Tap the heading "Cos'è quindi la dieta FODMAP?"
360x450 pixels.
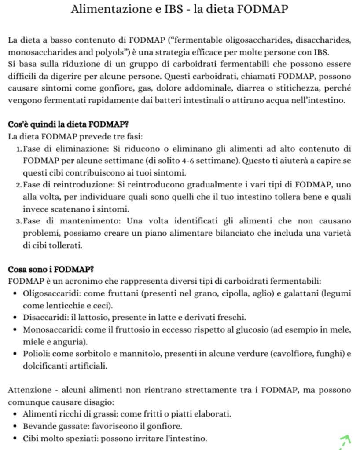pos(65,124)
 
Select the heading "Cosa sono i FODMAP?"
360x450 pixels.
pos(51,269)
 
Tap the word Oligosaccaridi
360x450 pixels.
pos(51,293)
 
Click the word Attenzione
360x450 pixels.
pos(29,390)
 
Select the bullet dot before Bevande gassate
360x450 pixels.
pos(16,427)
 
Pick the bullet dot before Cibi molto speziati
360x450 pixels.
pos(16,439)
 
